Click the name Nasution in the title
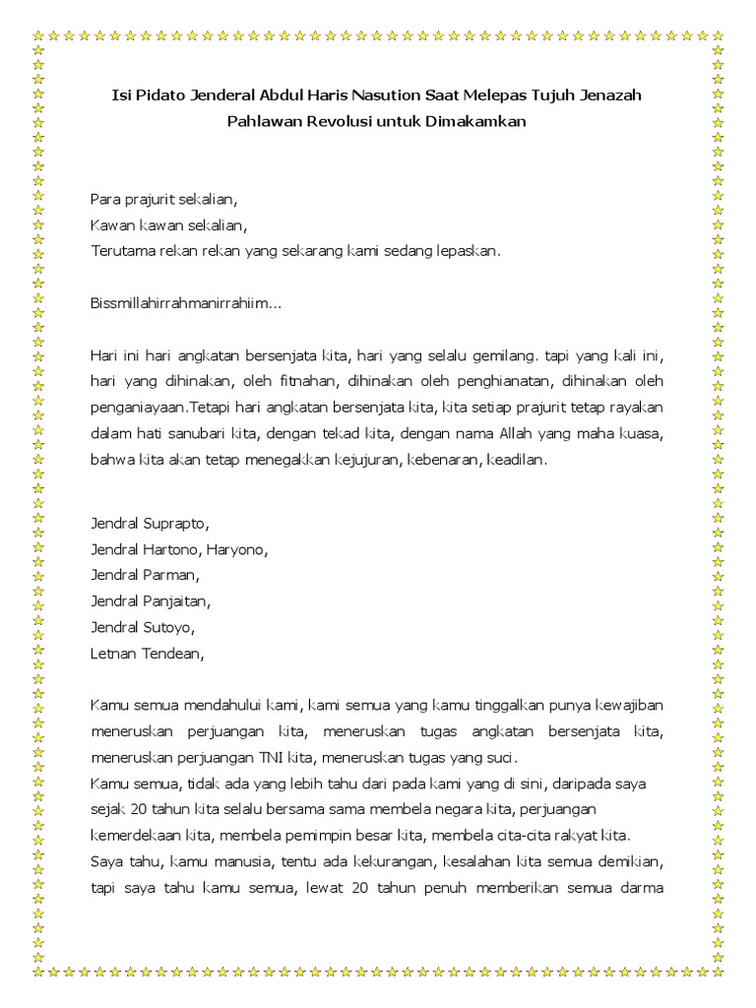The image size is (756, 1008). point(416,96)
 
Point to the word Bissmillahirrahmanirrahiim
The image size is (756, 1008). point(183,303)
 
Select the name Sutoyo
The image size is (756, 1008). point(168,625)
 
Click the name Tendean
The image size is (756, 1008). point(173,651)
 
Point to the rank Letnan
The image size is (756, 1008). point(112,651)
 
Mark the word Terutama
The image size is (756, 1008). point(122,250)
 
